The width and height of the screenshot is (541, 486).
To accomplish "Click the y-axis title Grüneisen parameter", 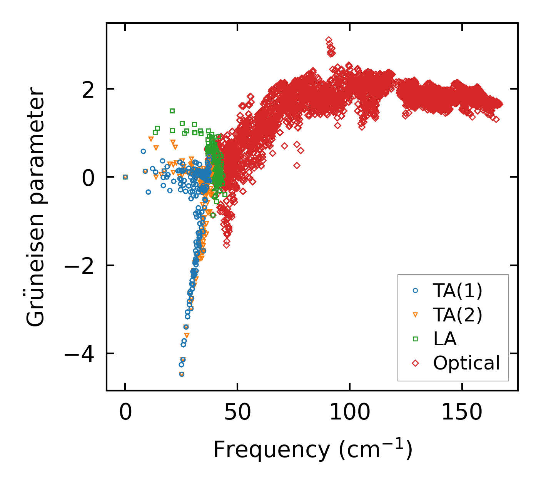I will pyautogui.click(x=36, y=207).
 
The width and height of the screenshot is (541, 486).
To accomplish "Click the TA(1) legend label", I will pyautogui.click(x=458, y=291).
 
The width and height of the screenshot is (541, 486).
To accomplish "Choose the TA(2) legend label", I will pyautogui.click(x=458, y=315).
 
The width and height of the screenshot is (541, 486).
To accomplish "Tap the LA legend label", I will pyautogui.click(x=445, y=339).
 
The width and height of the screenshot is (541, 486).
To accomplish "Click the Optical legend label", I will pyautogui.click(x=466, y=363).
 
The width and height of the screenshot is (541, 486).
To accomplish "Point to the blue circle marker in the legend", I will pyautogui.click(x=415, y=291).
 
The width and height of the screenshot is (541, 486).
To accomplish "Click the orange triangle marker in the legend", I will pyautogui.click(x=415, y=315).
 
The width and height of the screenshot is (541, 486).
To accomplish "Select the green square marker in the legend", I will pyautogui.click(x=415, y=339).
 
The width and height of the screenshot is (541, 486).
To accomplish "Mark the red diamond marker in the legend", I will pyautogui.click(x=415, y=363).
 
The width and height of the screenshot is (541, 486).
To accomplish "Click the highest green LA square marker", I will pyautogui.click(x=172, y=111).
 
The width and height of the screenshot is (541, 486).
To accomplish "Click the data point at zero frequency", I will pyautogui.click(x=125, y=177).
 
